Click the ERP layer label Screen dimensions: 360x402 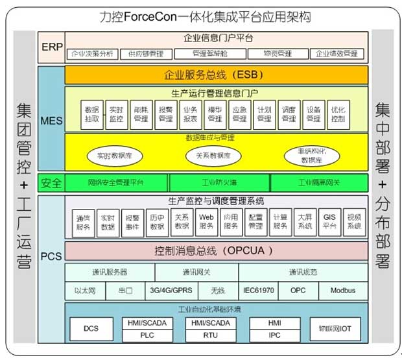pos(51,47)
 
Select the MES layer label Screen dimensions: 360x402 pos(51,121)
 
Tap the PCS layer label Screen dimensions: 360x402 pos(51,256)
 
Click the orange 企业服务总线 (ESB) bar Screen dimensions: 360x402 pos(215,75)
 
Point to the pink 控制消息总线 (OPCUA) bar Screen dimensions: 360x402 pos(215,250)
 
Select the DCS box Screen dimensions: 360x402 pos(91,328)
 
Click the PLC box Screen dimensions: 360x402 pos(147,335)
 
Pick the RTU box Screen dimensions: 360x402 pos(210,335)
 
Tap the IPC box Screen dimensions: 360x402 pos(274,335)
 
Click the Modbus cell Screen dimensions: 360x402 pos(342,291)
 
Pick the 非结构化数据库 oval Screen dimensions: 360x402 pos(314,156)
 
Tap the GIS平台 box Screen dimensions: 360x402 pos(329,222)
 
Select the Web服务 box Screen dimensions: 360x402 pos(206,222)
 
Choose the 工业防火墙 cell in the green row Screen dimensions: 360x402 pos(219,183)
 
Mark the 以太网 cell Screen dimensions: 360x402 pos(84,291)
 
